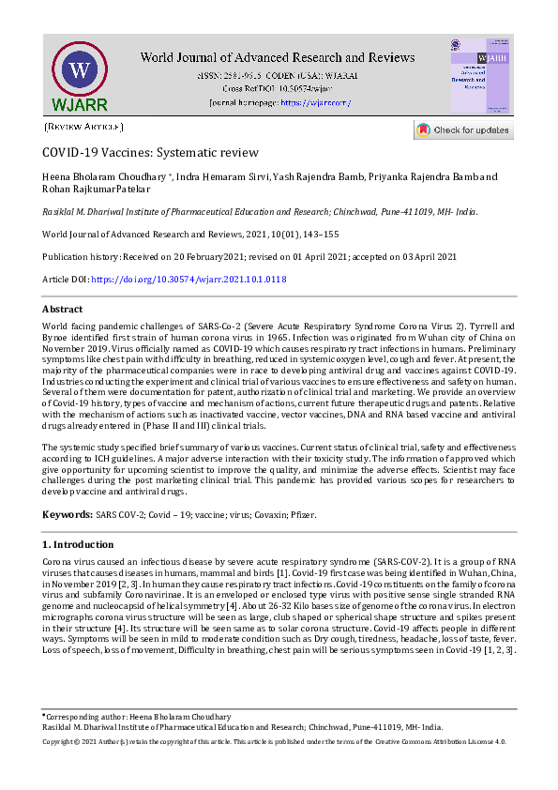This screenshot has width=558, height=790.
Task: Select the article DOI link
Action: click(x=189, y=280)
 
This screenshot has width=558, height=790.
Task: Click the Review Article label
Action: click(x=83, y=127)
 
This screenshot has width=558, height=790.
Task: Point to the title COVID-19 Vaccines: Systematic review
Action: click(x=150, y=153)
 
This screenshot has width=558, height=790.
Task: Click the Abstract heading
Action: click(x=63, y=309)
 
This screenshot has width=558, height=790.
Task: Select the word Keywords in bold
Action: click(x=68, y=515)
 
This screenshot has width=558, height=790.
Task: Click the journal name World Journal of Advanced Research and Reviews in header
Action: click(x=279, y=56)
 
